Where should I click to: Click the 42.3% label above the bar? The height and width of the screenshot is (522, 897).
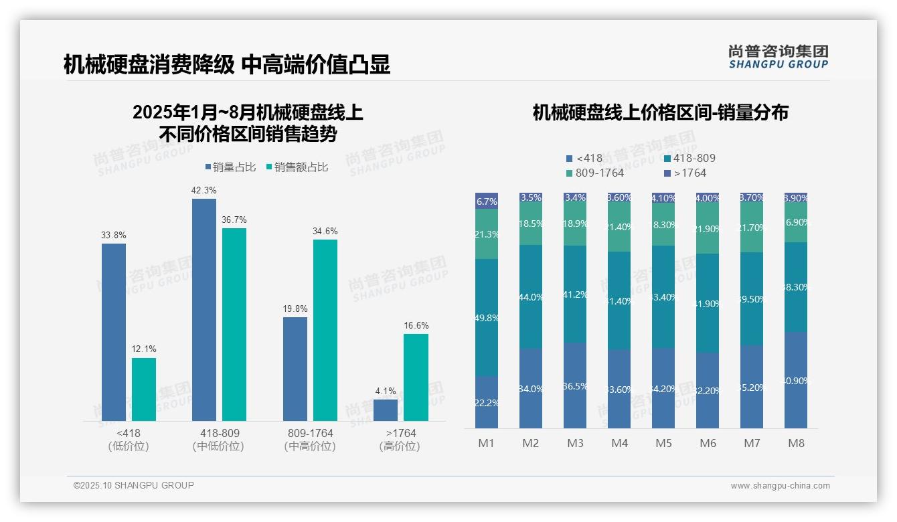[204, 191]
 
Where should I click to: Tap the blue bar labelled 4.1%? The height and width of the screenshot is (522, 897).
[386, 410]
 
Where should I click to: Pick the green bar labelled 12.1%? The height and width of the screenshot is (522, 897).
[144, 389]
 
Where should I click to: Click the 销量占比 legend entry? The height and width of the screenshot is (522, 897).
[230, 167]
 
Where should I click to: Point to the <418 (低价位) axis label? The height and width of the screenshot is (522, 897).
[129, 440]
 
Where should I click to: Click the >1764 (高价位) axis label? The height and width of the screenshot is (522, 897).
[400, 440]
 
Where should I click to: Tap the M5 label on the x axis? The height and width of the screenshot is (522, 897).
[663, 443]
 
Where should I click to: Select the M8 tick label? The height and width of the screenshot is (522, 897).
[796, 443]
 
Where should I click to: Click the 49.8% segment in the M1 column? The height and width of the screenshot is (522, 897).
[487, 317]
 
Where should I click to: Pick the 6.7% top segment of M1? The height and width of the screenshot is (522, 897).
[487, 201]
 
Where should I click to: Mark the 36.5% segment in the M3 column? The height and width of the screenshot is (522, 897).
[575, 385]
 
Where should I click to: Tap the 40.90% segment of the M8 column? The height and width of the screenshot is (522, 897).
[796, 380]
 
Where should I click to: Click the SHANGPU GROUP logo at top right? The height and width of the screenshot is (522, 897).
[779, 57]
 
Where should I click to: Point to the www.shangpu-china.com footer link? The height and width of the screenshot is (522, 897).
[780, 486]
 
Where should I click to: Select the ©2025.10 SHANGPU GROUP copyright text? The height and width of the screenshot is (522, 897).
[134, 485]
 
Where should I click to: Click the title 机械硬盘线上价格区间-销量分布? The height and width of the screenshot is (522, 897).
[660, 112]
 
